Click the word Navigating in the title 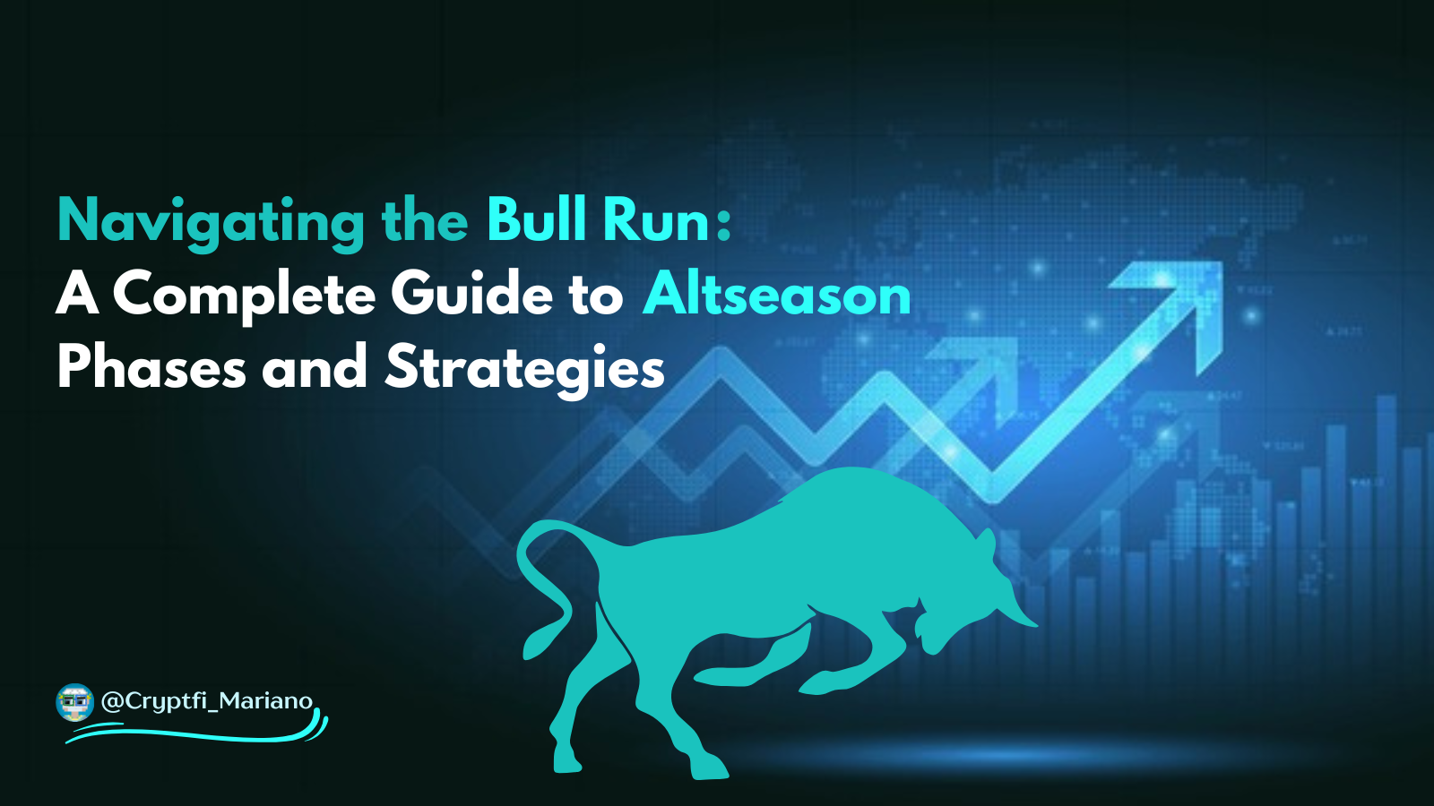[x=211, y=221]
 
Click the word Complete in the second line [x=244, y=295]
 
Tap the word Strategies [x=525, y=367]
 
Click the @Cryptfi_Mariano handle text [x=207, y=700]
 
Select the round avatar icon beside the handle [x=74, y=703]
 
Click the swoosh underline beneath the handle [x=197, y=734]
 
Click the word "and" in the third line [x=315, y=367]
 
